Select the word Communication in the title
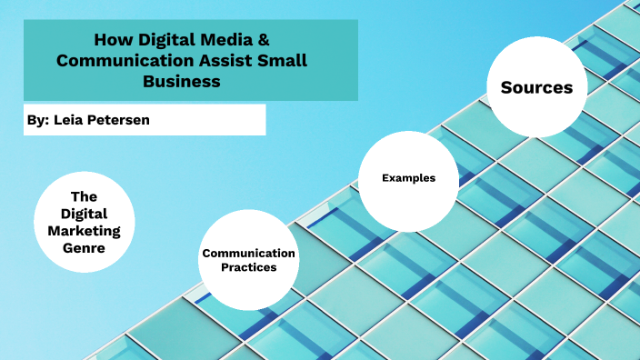point(119,60)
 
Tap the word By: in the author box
point(40,119)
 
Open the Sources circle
point(536,87)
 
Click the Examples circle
point(408,178)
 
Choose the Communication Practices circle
point(248,260)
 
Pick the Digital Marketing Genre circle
point(84,222)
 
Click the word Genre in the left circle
point(84,246)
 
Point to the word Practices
point(248,267)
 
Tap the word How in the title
point(113,40)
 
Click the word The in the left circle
point(84,196)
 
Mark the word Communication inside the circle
point(248,253)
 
